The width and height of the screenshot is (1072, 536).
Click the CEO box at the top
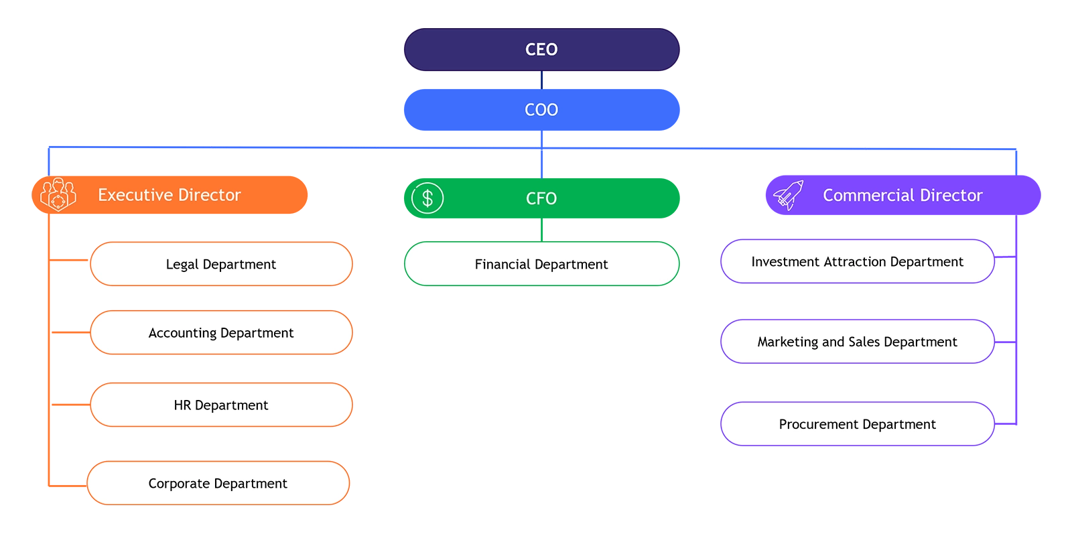point(541,50)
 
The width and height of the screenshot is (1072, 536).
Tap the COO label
point(541,110)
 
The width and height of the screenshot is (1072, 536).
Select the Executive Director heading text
point(169,195)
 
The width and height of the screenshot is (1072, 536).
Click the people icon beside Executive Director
point(58,195)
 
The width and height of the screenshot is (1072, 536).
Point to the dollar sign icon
point(427,198)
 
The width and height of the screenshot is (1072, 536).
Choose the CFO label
point(541,199)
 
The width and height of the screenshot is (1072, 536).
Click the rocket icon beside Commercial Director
point(789,195)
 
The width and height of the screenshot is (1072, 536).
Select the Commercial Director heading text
point(902,196)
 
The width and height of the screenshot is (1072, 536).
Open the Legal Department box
point(221,264)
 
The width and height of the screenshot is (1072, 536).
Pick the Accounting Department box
point(221,333)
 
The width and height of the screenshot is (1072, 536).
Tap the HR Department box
point(221,405)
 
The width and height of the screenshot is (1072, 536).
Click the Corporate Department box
point(218,483)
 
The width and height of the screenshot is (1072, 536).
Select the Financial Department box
point(541,264)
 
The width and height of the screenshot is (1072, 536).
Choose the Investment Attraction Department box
point(857,262)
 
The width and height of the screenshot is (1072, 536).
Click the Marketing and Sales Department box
point(857,342)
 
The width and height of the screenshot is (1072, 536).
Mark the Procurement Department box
point(857,424)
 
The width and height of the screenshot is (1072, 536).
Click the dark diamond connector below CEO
point(541,81)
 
